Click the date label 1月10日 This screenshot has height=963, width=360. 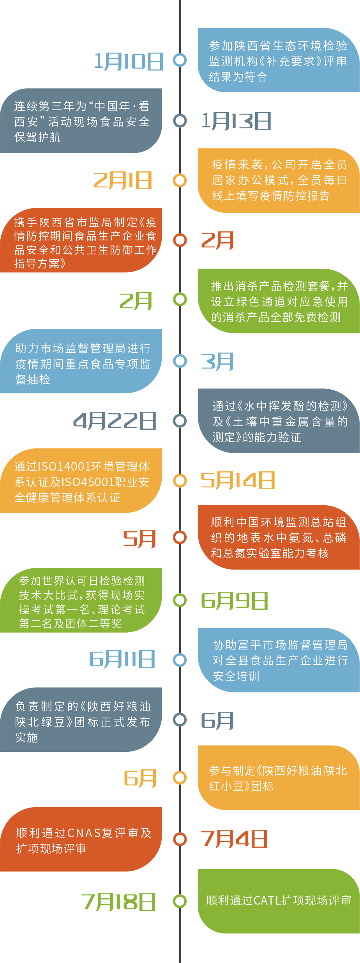coord(129,62)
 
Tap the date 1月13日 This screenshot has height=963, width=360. coord(236,121)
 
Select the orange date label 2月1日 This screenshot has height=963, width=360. coord(122,181)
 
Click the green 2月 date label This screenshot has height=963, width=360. coord(135,301)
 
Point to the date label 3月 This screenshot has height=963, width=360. coord(217,362)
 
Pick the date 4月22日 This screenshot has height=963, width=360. coord(115,421)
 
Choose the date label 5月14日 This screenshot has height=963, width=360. coord(237,480)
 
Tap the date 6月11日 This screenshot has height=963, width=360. coord(122,659)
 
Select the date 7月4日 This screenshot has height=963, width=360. coord(234,839)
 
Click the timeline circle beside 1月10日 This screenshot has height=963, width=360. coord(180,60)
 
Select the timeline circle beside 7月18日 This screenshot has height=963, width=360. coord(180,901)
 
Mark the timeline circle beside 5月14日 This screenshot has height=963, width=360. coord(180,481)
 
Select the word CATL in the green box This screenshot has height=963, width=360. coord(267,900)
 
